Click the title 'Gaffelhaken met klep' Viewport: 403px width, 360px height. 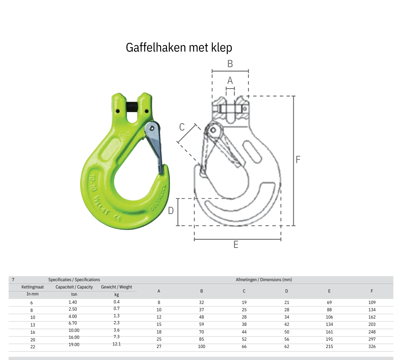[x=179, y=47]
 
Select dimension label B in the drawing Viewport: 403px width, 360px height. [x=230, y=64]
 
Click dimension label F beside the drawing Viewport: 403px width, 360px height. [x=298, y=160]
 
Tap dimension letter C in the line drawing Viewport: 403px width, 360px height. [x=182, y=127]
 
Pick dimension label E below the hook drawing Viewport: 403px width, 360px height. [x=236, y=245]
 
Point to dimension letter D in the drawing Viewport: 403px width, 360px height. [x=171, y=211]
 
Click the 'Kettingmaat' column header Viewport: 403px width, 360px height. [x=33, y=287]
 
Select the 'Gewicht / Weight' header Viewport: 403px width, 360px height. [x=116, y=287]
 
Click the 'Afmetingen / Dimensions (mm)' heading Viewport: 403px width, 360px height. [x=264, y=280]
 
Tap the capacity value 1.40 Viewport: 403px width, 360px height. [x=73, y=302]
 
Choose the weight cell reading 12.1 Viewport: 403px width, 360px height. [x=116, y=344]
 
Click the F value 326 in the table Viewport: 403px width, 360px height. [x=372, y=347]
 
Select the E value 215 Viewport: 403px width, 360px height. [x=329, y=347]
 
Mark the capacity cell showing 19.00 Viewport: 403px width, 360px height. [x=74, y=344]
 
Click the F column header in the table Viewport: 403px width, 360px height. [x=372, y=291]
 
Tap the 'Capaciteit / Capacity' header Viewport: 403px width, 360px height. [x=74, y=287]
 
